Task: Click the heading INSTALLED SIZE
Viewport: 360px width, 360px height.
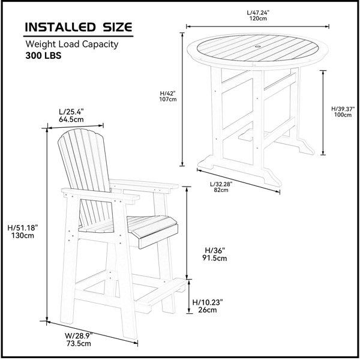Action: (79, 27)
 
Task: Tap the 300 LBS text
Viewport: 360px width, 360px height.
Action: (43, 56)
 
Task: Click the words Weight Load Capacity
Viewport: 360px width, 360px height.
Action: (72, 44)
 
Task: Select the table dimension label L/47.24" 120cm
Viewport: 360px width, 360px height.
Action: (258, 16)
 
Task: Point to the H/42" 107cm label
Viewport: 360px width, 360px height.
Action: (168, 96)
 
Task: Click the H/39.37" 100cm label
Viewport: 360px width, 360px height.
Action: (343, 112)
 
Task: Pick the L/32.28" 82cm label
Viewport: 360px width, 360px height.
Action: (221, 187)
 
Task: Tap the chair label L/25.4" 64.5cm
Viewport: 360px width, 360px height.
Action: (71, 115)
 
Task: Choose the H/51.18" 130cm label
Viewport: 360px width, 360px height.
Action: (23, 232)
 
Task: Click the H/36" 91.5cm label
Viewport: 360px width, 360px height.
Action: (214, 254)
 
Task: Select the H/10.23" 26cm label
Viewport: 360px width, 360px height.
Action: (208, 306)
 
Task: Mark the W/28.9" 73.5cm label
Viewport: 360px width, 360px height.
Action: (79, 340)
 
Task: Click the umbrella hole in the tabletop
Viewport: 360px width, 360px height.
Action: (257, 47)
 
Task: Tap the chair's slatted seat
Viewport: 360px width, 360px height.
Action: (128, 225)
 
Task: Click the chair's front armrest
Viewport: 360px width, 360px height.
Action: (101, 194)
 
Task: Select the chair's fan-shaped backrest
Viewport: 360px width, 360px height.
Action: (84, 161)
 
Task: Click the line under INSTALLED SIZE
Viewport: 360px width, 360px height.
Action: (78, 36)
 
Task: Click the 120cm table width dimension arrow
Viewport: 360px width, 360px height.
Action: (257, 26)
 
